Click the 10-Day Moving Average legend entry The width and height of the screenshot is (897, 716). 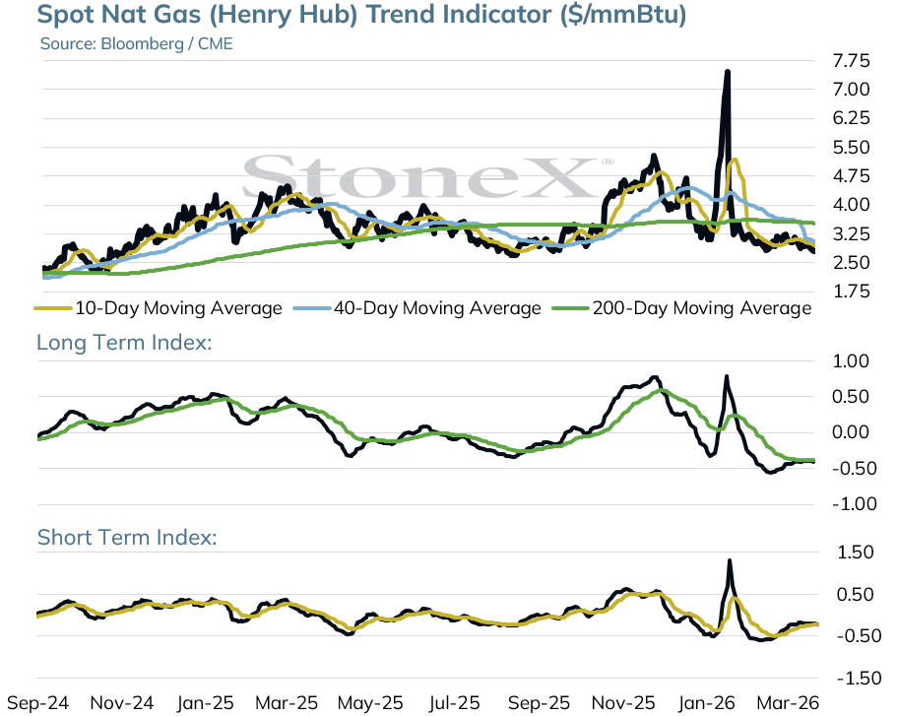159,308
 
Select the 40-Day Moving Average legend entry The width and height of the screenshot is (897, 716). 417,308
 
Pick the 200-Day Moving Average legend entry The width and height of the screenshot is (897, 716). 682,308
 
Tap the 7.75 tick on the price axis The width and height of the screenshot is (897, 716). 852,61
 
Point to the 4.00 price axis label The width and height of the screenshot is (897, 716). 852,204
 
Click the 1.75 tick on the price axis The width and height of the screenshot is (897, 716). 852,292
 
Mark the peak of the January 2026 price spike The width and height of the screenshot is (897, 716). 727,72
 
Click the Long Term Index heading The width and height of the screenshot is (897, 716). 124,343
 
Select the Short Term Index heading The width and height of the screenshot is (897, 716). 127,538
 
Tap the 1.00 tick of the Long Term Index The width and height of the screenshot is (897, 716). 851,361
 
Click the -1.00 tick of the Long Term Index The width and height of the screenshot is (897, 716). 854,504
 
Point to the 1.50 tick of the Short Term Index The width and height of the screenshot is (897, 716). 856,553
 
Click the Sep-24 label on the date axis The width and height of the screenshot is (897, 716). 37,703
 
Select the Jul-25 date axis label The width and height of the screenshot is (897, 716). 455,703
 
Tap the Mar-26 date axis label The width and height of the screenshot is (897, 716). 789,703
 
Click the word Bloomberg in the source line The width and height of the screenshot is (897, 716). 142,44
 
